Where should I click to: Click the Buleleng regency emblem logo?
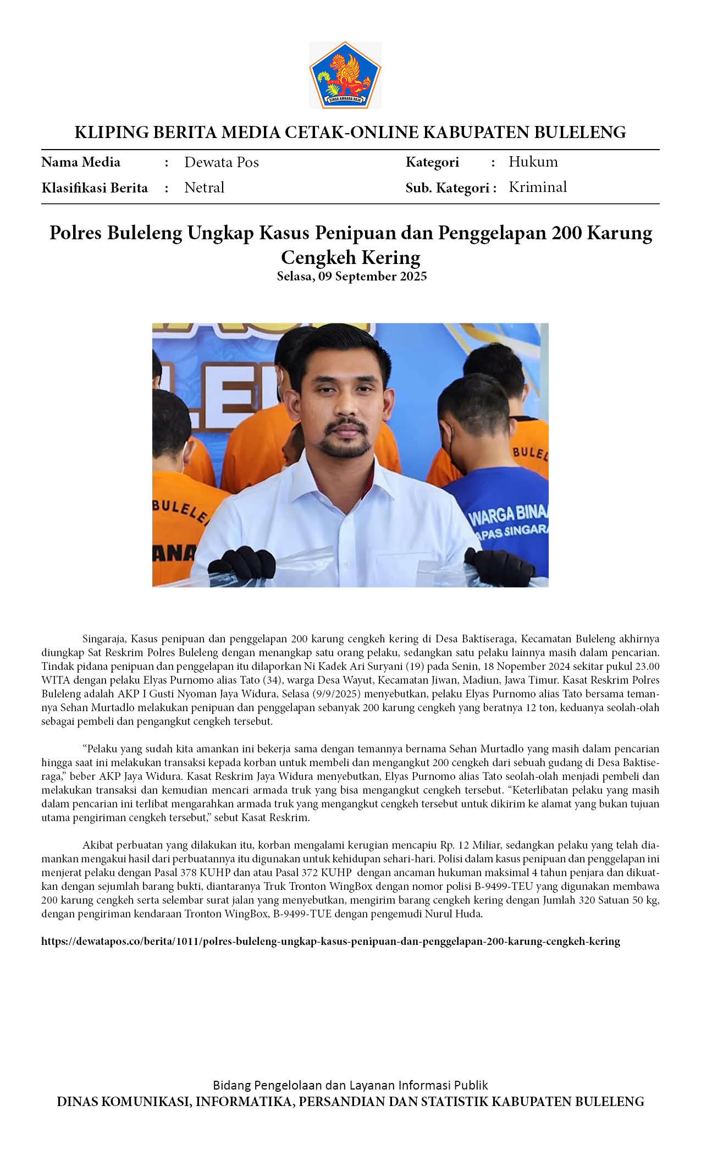point(345,75)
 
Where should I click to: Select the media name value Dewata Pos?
point(221,162)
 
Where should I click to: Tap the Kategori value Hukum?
point(533,162)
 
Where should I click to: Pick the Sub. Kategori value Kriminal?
point(537,187)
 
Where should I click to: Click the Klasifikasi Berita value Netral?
point(204,188)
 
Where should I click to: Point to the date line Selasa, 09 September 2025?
point(351,276)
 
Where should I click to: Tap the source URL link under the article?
point(330,941)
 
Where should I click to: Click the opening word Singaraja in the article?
point(104,639)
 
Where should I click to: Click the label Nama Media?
point(81,162)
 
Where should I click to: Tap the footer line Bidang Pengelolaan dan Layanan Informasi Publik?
point(350,1085)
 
